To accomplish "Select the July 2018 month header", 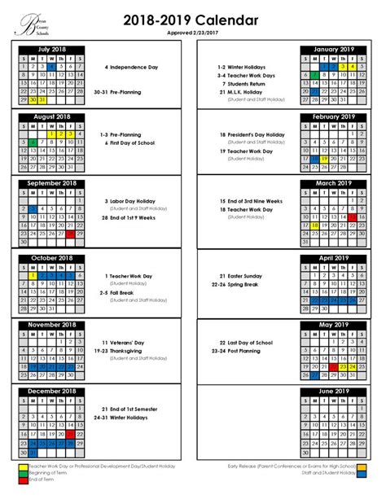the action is pyautogui.click(x=50, y=49).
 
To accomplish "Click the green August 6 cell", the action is pyautogui.click(x=31, y=142).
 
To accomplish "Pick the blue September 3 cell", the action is pyautogui.click(x=31, y=208).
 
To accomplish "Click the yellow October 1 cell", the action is pyautogui.click(x=31, y=275).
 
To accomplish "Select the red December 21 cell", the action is pyautogui.click(x=71, y=435).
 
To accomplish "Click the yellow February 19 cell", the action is pyautogui.click(x=322, y=159).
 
